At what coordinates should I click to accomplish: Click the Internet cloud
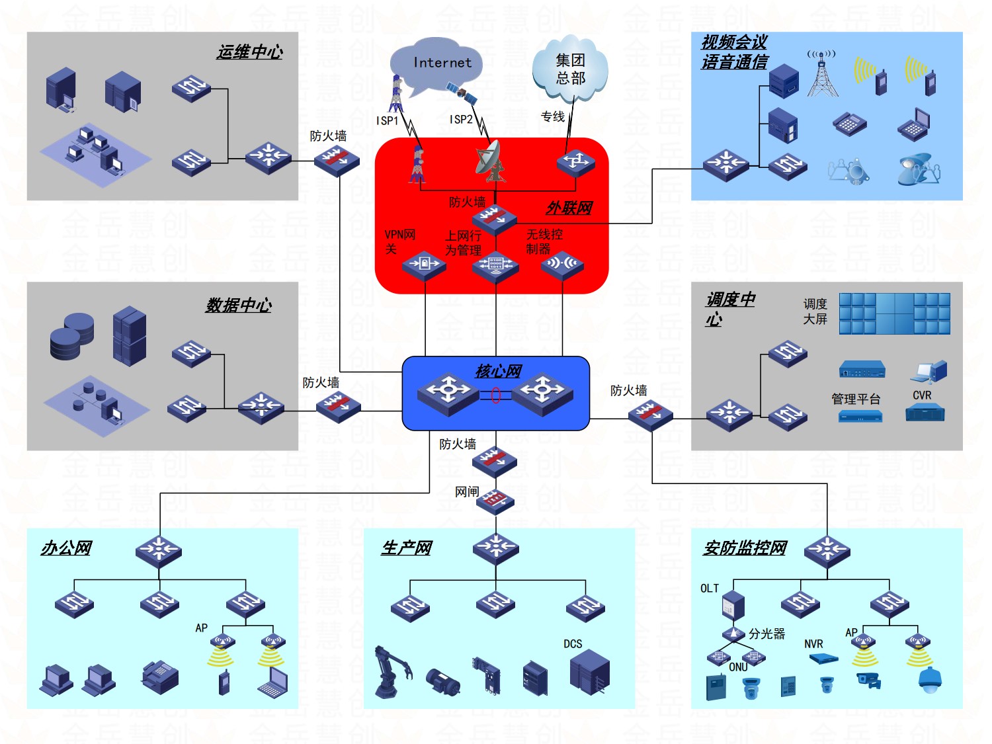[436, 64]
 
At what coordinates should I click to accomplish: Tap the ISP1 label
[388, 120]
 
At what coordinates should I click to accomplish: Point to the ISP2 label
[461, 120]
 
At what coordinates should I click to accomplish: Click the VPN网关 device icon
[424, 265]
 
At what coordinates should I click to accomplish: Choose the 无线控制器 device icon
[562, 265]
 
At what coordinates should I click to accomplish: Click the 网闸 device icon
[496, 502]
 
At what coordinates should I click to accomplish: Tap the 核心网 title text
[498, 371]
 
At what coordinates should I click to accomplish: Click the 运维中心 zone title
[250, 52]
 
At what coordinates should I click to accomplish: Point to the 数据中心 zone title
[239, 305]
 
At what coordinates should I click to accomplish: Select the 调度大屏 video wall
[894, 313]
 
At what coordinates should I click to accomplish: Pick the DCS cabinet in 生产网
[589, 671]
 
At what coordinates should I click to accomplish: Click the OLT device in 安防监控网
[733, 605]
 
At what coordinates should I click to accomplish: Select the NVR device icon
[823, 658]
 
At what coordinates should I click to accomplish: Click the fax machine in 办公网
[159, 676]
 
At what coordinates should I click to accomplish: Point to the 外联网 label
[569, 208]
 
